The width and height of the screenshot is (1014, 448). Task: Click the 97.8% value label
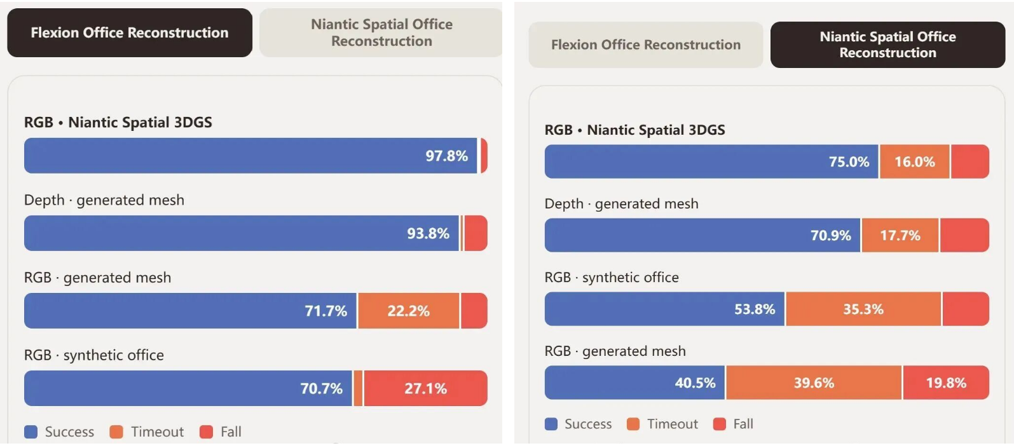pyautogui.click(x=446, y=156)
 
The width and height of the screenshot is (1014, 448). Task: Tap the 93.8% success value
pyautogui.click(x=428, y=233)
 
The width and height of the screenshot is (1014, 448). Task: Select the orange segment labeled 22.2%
pyautogui.click(x=408, y=311)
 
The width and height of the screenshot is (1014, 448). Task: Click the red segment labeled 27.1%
pyautogui.click(x=426, y=388)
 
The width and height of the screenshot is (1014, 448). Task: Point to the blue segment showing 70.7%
pyautogui.click(x=188, y=388)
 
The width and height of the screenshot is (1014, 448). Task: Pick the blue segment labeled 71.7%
pyautogui.click(x=190, y=311)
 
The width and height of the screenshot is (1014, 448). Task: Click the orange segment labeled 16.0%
pyautogui.click(x=914, y=161)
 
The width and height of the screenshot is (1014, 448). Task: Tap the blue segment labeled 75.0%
pyautogui.click(x=711, y=161)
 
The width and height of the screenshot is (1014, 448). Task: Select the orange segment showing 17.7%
pyautogui.click(x=900, y=235)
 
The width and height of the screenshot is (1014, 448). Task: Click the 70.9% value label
pyautogui.click(x=831, y=235)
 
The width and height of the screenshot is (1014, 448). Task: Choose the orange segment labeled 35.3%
pyautogui.click(x=863, y=309)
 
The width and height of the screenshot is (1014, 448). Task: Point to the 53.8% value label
pyautogui.click(x=755, y=309)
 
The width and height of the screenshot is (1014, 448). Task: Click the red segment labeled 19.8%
pyautogui.click(x=946, y=383)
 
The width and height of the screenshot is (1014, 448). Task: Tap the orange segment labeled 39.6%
pyautogui.click(x=814, y=383)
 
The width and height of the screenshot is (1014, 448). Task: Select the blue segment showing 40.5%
pyautogui.click(x=634, y=383)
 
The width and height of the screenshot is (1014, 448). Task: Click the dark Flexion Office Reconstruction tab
pyautogui.click(x=130, y=32)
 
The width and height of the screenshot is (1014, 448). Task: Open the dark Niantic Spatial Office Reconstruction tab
pyautogui.click(x=887, y=44)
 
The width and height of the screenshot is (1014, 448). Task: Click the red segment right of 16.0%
pyautogui.click(x=970, y=161)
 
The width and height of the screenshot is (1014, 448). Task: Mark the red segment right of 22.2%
pyautogui.click(x=474, y=311)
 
